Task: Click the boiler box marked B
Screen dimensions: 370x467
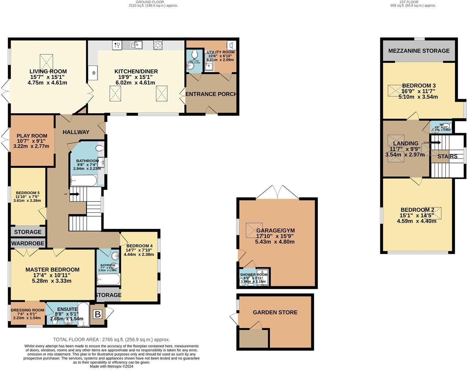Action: [x=98, y=314]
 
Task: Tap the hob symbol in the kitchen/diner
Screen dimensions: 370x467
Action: [x=158, y=45]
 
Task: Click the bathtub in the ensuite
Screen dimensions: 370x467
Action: [x=84, y=314]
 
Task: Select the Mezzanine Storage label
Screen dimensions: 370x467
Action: [x=419, y=51]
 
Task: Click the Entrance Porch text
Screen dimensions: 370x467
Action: [x=211, y=94]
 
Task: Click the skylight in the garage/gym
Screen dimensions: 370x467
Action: [x=254, y=229]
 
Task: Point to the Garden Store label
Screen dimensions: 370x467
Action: [x=275, y=312]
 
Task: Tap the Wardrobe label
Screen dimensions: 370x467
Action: [x=28, y=243]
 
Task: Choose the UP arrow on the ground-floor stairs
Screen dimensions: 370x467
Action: [x=75, y=194]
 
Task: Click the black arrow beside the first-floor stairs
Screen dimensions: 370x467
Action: [x=436, y=142]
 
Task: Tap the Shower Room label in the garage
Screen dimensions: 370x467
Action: [x=254, y=275]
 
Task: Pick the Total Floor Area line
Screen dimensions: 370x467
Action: [x=111, y=340]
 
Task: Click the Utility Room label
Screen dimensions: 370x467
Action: [x=220, y=52]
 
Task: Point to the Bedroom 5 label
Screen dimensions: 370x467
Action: [x=28, y=193]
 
